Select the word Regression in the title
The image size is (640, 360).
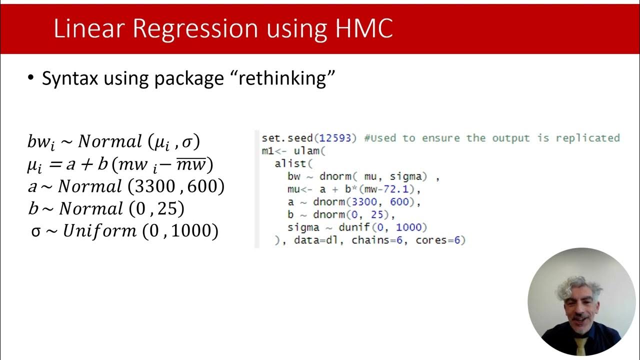point(206,29)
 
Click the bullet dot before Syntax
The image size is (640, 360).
point(31,78)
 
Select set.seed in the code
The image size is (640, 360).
point(281,138)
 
